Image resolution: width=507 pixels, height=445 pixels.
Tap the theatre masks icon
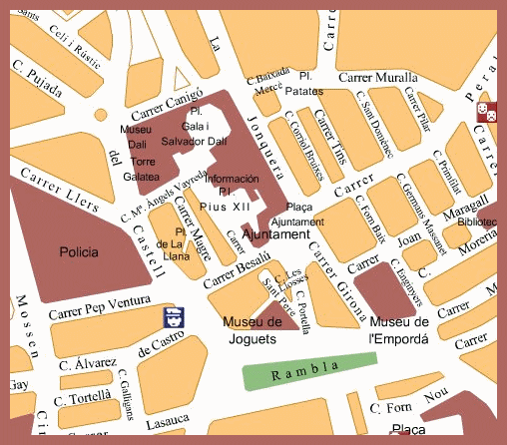(487, 109)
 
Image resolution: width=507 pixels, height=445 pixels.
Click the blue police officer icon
(173, 318)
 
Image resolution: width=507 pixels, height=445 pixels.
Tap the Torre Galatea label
(145, 169)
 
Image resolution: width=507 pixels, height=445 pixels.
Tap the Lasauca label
(168, 425)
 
